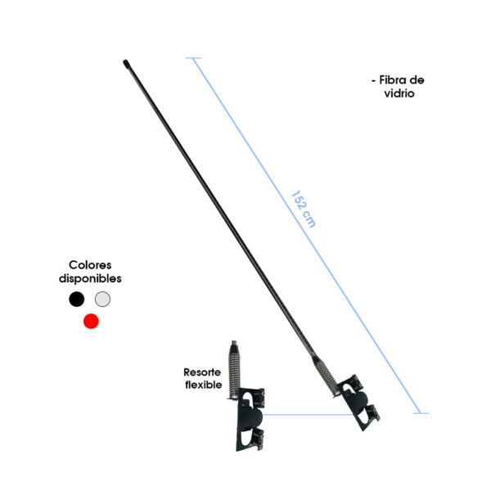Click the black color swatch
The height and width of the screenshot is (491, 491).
point(77,299)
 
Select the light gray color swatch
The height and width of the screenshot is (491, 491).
point(102,299)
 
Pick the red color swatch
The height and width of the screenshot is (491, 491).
point(91,322)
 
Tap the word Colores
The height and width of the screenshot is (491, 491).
point(90,265)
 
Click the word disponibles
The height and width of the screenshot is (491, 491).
point(90,278)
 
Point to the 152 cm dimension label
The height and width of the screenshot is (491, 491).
point(303,209)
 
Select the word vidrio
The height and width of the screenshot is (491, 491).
point(399,93)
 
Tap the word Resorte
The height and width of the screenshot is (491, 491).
point(202,372)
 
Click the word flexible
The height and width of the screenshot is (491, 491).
point(204,385)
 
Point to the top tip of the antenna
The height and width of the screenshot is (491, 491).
point(125,61)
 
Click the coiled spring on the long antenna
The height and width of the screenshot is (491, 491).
point(326,376)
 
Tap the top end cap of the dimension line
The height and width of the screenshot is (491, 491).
point(193,58)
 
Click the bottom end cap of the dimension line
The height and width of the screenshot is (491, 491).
point(421,413)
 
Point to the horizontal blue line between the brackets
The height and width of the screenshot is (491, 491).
point(309,415)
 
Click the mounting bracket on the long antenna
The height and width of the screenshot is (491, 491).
point(358,403)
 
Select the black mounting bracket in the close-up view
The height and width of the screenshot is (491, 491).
point(250,420)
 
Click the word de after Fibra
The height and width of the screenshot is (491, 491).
point(417,80)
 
